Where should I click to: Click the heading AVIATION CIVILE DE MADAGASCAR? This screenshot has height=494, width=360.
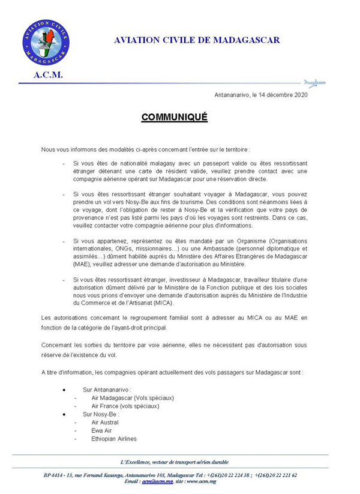[196, 40]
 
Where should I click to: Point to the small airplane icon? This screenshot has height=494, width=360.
[314, 82]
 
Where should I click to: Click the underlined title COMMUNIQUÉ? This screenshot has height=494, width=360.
[175, 117]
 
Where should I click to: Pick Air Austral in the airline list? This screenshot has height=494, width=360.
[105, 423]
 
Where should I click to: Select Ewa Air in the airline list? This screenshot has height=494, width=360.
[102, 430]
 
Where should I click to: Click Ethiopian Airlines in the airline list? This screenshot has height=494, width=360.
[114, 439]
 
